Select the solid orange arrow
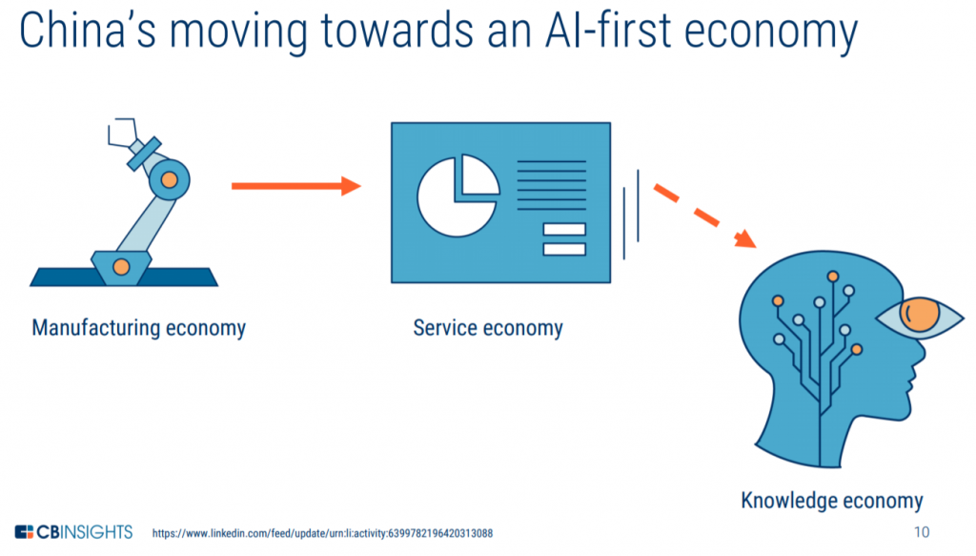click(296, 186)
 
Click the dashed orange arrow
click(704, 216)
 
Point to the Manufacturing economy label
click(139, 328)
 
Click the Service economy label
click(488, 328)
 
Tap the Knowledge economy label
click(831, 501)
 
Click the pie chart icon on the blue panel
click(458, 196)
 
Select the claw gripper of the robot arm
click(122, 133)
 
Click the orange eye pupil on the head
click(920, 315)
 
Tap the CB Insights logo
click(73, 532)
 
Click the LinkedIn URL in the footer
click(322, 533)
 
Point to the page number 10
click(922, 532)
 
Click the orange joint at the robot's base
click(121, 267)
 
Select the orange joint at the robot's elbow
click(170, 180)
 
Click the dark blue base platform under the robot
click(124, 278)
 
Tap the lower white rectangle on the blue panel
click(564, 249)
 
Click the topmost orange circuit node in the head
click(833, 277)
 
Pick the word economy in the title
click(771, 31)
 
